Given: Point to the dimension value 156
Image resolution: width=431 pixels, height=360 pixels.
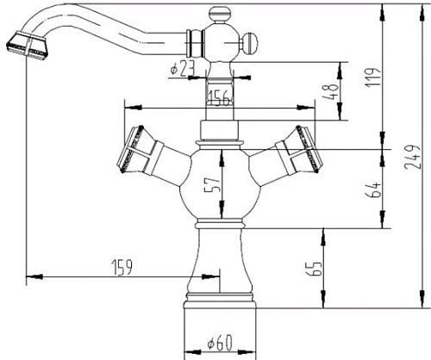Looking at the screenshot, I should coord(222,98).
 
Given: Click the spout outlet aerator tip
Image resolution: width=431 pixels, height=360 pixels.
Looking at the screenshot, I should coord(23,46).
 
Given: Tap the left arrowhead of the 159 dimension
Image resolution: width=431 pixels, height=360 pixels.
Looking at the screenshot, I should coord(31,277).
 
